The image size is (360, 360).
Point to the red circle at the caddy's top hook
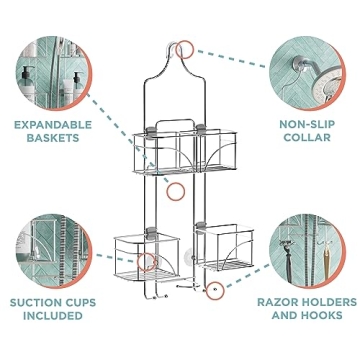(x=185, y=48)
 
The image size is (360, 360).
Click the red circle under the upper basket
(x=175, y=189)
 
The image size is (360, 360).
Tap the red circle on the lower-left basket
(x=147, y=262)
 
